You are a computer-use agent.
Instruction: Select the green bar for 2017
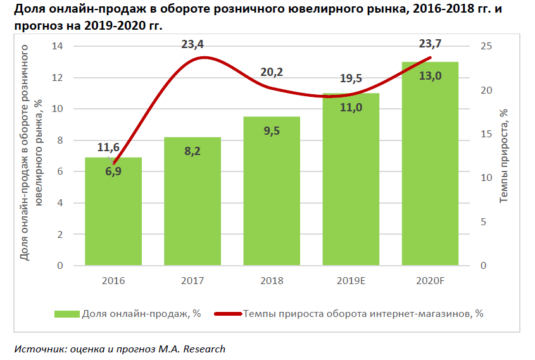pyautogui.click(x=192, y=202)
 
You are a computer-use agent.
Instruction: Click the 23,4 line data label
pyautogui.click(x=192, y=44)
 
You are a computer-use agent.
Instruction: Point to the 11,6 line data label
pyautogui.click(x=108, y=147)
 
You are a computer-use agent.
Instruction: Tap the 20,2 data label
pyautogui.click(x=272, y=72)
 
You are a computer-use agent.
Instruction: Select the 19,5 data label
pyautogui.click(x=351, y=78)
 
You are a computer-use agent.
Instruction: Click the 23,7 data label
pyautogui.click(x=431, y=44)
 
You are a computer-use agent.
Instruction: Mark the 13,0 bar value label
pyautogui.click(x=430, y=76)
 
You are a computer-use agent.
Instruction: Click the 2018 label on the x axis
pyautogui.click(x=272, y=280)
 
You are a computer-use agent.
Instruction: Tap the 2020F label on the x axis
pyautogui.click(x=430, y=280)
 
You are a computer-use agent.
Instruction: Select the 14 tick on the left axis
pyautogui.click(x=58, y=46)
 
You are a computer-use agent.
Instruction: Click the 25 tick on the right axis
pyautogui.click(x=485, y=46)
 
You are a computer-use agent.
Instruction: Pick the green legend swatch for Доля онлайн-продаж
pyautogui.click(x=66, y=313)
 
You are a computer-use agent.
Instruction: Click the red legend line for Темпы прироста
pyautogui.click(x=229, y=313)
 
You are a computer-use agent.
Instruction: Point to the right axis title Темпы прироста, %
pyautogui.click(x=504, y=156)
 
